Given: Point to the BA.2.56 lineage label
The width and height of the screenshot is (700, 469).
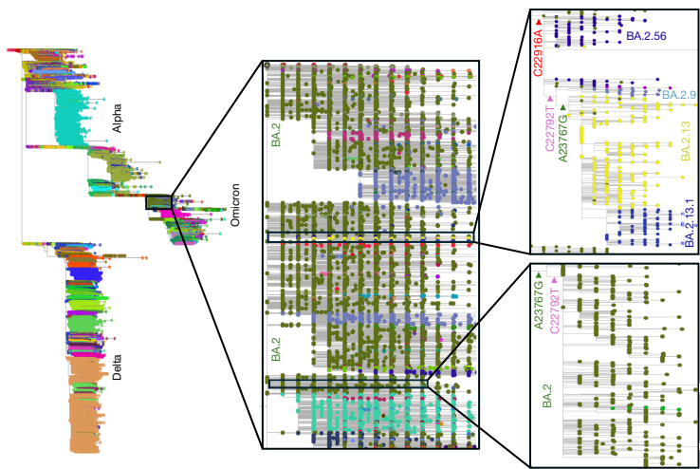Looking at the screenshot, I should click(x=648, y=35).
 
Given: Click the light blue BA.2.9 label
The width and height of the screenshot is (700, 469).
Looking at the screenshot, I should click(x=679, y=96).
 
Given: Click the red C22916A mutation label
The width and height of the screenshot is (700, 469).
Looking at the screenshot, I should click(x=537, y=52).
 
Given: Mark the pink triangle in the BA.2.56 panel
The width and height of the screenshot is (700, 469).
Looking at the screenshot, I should click(x=550, y=87).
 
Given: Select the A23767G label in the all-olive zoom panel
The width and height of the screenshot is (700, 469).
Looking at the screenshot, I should click(x=539, y=306).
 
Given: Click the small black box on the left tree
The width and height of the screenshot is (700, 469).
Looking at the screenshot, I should click(x=158, y=202).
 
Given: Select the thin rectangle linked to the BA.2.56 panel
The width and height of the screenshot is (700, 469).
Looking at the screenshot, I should click(x=370, y=236).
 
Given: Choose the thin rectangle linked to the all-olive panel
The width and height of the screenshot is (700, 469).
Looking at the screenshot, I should click(x=347, y=384).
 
